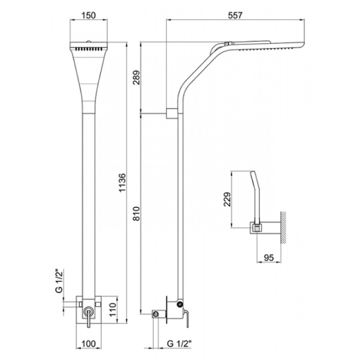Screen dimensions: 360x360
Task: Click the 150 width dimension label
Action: (88, 16)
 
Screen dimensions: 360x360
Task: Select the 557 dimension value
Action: (235, 16)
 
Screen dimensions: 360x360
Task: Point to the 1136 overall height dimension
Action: (122, 182)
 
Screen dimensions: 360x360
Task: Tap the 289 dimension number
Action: (137, 77)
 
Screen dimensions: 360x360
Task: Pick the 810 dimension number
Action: (137, 214)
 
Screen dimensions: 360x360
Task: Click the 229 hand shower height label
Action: (227, 199)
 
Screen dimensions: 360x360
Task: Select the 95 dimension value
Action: (269, 257)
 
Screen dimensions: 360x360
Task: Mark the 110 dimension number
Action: (113, 310)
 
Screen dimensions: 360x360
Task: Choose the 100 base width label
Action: (88, 344)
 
